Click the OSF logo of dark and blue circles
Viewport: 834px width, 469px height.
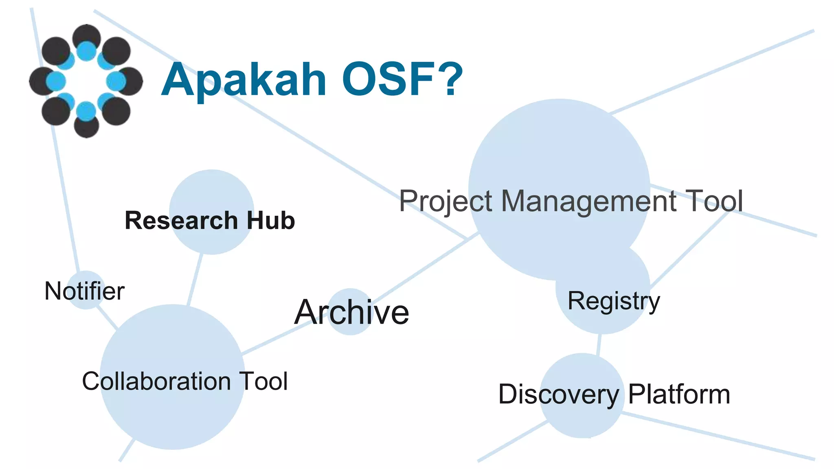86,81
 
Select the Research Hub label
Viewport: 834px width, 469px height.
210,221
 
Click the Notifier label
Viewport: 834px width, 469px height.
84,291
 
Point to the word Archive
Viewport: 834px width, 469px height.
351,312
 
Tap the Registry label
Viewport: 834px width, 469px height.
614,301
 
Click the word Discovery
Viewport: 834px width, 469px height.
558,394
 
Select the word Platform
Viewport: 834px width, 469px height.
679,394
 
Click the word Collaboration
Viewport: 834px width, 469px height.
156,381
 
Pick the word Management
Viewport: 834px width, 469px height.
588,201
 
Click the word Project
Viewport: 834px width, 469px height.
446,202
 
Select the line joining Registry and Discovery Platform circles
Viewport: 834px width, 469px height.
599,344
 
